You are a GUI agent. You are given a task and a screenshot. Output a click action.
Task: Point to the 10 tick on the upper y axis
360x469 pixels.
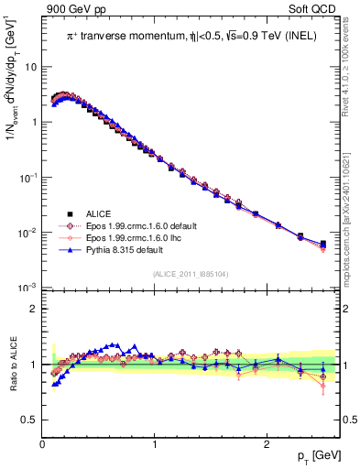pyautogui.click(x=30, y=67)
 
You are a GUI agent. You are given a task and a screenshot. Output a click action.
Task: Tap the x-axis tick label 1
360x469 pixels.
pyautogui.click(x=154, y=443)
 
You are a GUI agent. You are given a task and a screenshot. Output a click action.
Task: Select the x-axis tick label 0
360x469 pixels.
pyautogui.click(x=42, y=443)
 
